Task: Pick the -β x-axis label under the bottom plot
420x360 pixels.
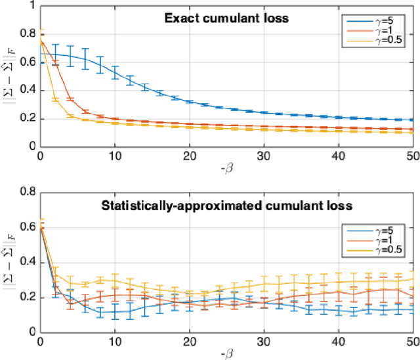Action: [226, 355]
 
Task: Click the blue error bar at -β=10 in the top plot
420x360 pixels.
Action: [115, 72]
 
